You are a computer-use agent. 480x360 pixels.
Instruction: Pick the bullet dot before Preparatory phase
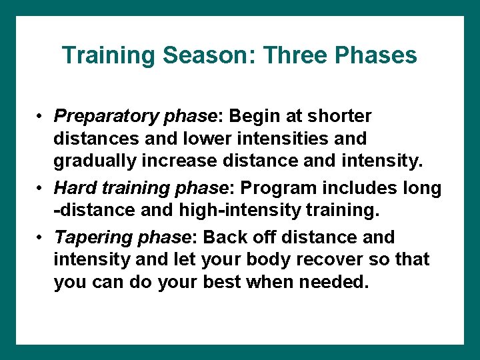(x=41, y=117)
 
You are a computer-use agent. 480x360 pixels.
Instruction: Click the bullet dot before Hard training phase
(x=41, y=189)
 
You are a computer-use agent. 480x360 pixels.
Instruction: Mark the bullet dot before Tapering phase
(x=41, y=238)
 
